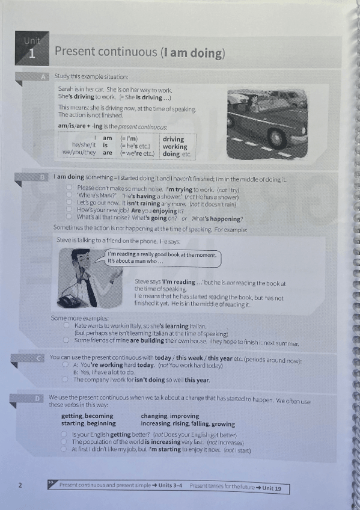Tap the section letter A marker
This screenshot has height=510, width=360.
tap(44, 77)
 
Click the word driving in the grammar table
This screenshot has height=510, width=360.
tap(174, 139)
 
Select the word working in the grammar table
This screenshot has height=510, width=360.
tap(175, 146)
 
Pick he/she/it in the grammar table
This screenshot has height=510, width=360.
tap(84, 146)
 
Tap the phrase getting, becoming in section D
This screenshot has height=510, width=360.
tap(87, 416)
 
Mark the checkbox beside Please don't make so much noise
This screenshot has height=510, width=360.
tap(70, 189)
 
